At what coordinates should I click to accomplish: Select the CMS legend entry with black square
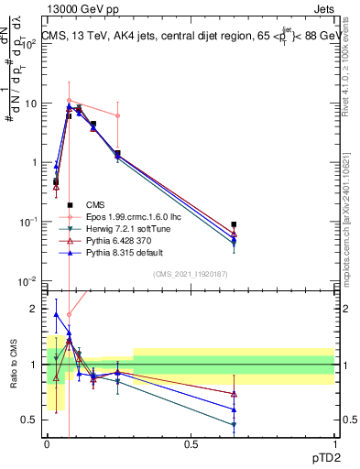(x=96, y=204)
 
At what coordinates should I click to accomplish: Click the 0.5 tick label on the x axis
(x=191, y=443)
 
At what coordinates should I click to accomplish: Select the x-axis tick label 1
(x=334, y=443)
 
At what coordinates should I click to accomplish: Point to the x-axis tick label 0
(x=48, y=443)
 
